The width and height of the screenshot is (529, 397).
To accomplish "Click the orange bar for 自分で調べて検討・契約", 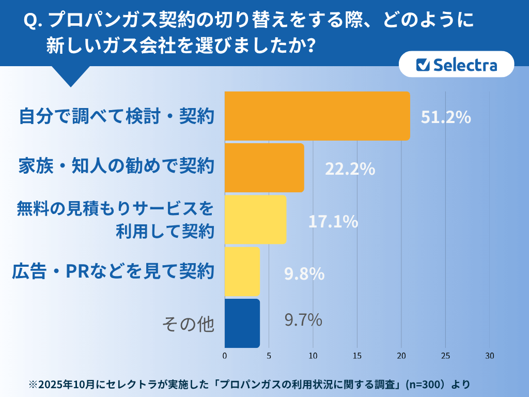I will (317, 116).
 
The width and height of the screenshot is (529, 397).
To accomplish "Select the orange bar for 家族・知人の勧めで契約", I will (264, 167).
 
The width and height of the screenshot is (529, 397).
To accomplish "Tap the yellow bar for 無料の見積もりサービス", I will (255, 219).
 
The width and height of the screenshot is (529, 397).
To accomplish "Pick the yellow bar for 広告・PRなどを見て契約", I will (242, 271).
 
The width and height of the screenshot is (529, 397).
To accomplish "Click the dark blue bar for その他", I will (242, 323).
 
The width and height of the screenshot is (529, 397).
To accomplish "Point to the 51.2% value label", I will (445, 117).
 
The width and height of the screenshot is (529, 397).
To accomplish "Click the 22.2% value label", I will (349, 169).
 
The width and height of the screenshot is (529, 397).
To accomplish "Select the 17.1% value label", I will (333, 222).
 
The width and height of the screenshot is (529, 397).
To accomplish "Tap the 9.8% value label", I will (304, 274).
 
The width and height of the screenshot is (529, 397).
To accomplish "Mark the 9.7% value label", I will (303, 320).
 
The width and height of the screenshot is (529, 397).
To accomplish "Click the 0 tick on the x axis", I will (225, 356).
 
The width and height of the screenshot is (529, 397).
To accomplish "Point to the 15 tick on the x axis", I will (357, 356).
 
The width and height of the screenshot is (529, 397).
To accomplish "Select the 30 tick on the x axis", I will (490, 356).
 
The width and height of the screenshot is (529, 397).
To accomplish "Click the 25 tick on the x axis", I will (445, 356).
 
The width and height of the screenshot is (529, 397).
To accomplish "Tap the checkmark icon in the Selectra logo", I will (423, 65).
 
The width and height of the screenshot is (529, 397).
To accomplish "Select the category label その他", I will (188, 324).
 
